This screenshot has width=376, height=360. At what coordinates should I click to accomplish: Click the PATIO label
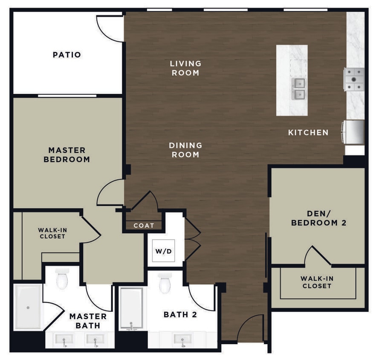tap(67, 55)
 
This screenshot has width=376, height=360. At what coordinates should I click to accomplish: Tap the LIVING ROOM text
tap(185, 68)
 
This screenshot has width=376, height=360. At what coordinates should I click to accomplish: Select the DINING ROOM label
tap(185, 150)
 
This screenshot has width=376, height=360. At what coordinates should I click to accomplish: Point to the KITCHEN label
tap(308, 133)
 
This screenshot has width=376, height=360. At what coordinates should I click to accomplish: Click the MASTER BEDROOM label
tap(67, 155)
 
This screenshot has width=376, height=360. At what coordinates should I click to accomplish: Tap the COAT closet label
tap(144, 226)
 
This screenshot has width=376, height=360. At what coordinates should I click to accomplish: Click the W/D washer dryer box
tap(163, 251)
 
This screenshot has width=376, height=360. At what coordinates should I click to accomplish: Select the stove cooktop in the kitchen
tap(354, 79)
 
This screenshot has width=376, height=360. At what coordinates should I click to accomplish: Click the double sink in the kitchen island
tap(298, 88)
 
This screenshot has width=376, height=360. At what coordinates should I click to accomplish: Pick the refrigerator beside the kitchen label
tap(353, 132)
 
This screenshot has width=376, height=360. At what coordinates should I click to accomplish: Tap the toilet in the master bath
tap(62, 279)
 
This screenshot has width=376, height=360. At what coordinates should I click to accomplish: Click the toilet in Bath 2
tap(165, 283)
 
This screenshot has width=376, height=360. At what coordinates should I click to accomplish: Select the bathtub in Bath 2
tap(131, 308)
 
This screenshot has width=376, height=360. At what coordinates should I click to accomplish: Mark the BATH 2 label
tap(180, 315)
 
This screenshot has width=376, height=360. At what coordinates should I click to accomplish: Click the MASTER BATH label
tap(88, 321)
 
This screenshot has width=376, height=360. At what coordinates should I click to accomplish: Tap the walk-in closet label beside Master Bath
tap(52, 233)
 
